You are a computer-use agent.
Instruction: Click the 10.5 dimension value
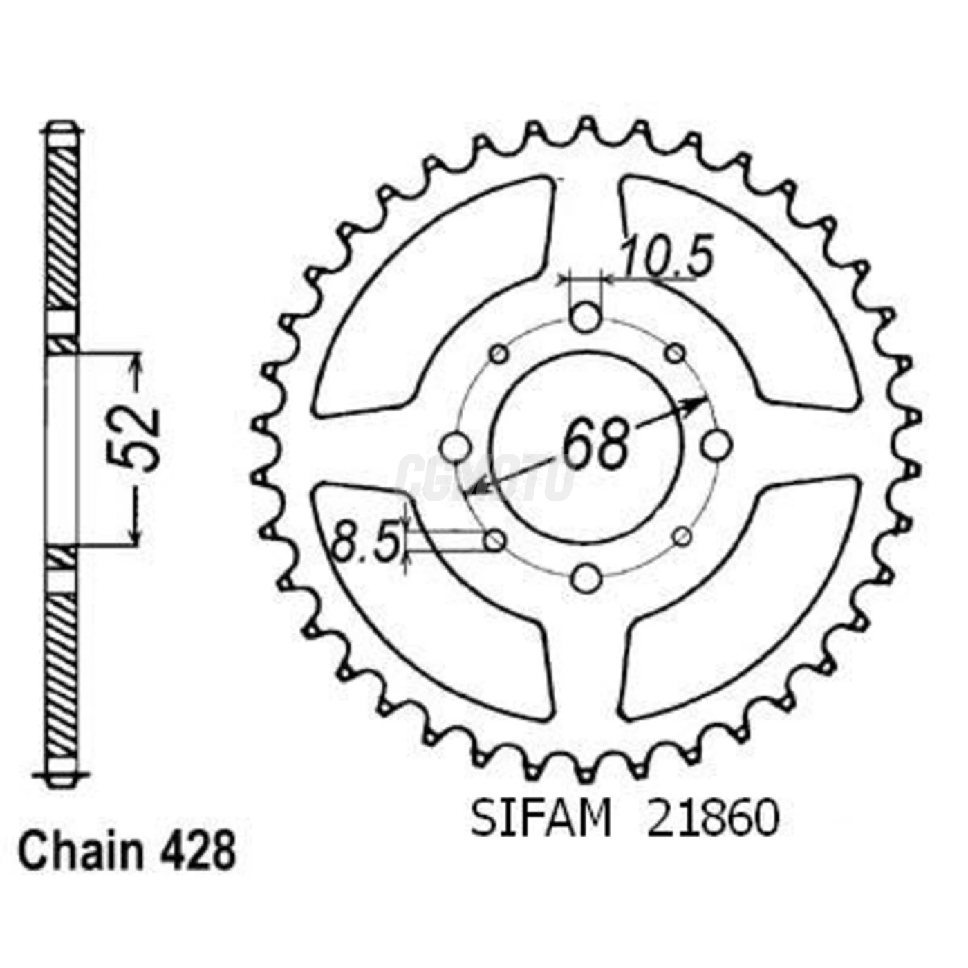click(665, 258)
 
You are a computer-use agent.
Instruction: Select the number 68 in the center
click(595, 443)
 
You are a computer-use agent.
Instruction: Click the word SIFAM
click(541, 819)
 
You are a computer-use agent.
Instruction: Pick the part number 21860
click(713, 819)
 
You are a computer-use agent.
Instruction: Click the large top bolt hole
click(586, 317)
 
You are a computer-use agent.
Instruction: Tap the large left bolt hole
click(455, 447)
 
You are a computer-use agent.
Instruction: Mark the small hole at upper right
click(675, 354)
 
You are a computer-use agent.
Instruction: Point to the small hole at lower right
click(682, 537)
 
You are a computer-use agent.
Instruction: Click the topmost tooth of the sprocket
click(586, 128)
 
